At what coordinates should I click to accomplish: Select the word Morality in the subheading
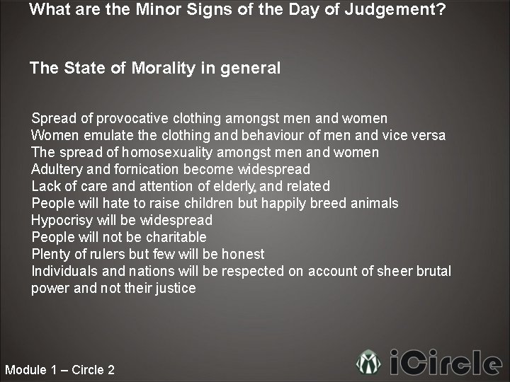pyautogui.click(x=163, y=68)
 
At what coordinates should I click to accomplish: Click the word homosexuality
pyautogui.click(x=168, y=152)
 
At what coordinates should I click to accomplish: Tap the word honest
pyautogui.click(x=242, y=254)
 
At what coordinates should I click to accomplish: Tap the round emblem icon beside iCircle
pyautogui.click(x=368, y=363)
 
